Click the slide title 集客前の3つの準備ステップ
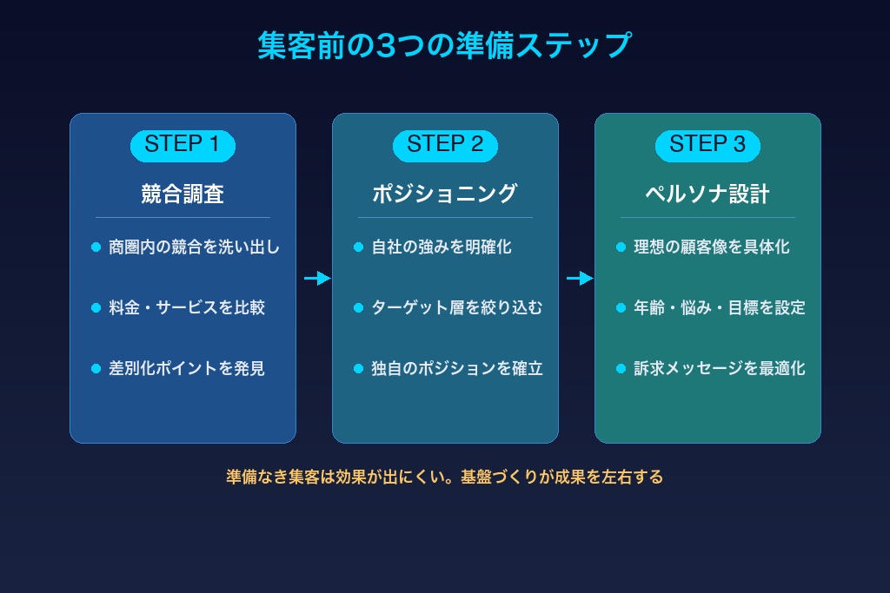[x=444, y=45]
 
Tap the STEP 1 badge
[x=183, y=145]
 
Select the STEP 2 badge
[x=445, y=145]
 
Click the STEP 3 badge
[x=707, y=145]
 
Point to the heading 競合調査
[x=183, y=194]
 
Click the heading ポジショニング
[x=445, y=194]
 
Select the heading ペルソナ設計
[x=707, y=194]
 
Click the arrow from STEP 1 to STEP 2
[x=317, y=279]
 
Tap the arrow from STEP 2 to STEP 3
[x=580, y=279]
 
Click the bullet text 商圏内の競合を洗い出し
[x=195, y=247]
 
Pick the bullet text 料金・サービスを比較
[x=187, y=308]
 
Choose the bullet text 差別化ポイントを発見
[x=187, y=369]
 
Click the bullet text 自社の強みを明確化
[x=442, y=247]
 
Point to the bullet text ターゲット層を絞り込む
[x=457, y=308]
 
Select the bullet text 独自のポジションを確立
[x=457, y=369]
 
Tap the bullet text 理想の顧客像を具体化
[x=712, y=247]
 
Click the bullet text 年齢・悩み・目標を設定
[x=720, y=308]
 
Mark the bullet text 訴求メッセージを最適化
[x=720, y=369]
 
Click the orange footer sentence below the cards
[x=444, y=477]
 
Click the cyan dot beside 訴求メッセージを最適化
[x=621, y=369]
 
